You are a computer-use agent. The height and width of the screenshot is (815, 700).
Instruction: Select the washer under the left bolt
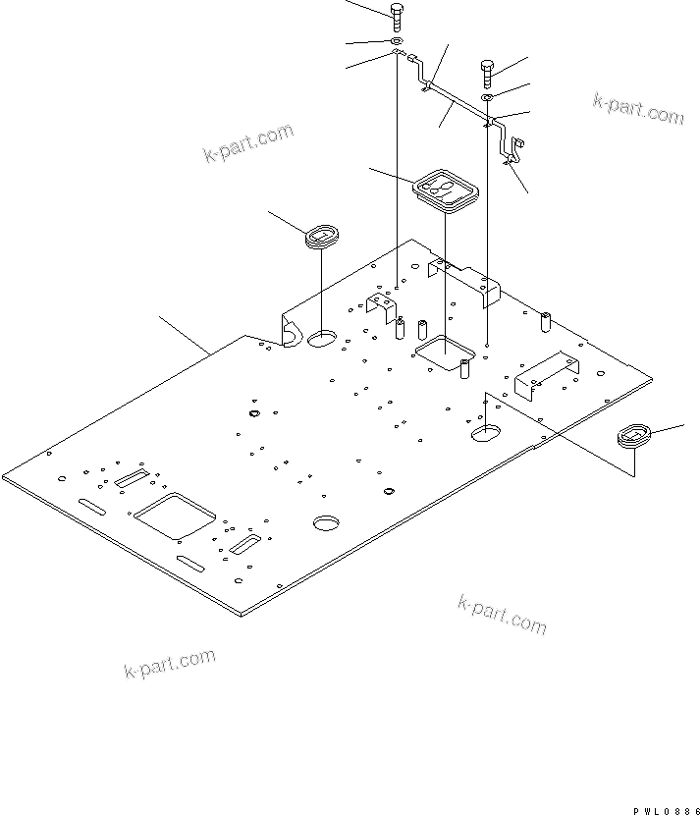[x=396, y=42]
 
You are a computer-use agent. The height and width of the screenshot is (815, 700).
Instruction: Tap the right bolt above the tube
[x=488, y=71]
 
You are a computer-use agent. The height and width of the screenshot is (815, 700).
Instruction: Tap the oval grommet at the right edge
[x=633, y=436]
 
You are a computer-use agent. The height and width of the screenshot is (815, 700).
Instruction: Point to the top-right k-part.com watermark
[x=638, y=107]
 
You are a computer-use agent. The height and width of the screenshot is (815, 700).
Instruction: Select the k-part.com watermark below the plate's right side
[x=502, y=614]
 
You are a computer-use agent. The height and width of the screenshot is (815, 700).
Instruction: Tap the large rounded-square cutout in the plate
[x=175, y=516]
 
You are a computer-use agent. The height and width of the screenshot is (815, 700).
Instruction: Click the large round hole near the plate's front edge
[x=326, y=522]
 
